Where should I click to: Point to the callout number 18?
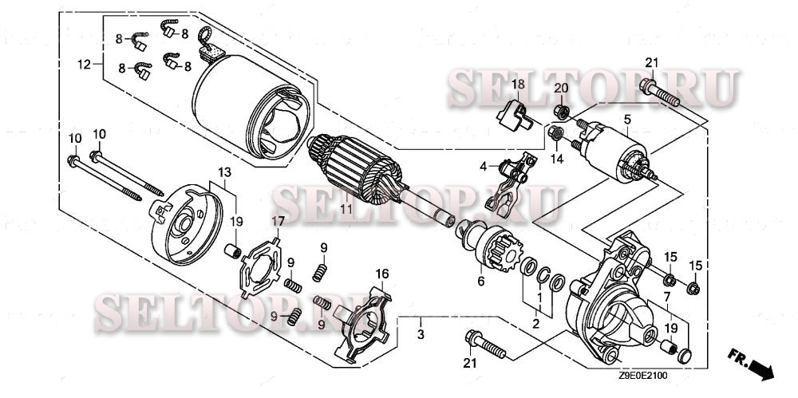click(x=517, y=84)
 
